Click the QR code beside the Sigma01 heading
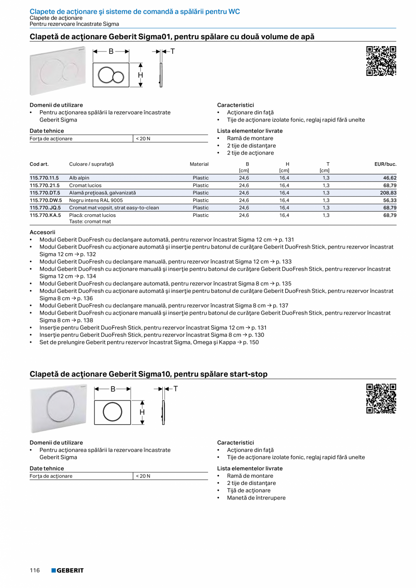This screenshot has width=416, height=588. (381, 61)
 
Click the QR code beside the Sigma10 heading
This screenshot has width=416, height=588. (381, 398)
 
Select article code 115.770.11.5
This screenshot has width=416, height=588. (44, 178)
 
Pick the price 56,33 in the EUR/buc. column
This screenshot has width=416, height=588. (389, 200)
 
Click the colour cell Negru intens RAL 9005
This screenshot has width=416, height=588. (96, 200)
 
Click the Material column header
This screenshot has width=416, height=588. (199, 164)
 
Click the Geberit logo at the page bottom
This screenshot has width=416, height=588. (67, 570)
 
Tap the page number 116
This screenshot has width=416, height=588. (35, 570)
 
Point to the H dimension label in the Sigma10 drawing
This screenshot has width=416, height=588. (142, 412)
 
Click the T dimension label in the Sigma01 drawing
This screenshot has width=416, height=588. (172, 52)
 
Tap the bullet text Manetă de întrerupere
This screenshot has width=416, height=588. (256, 498)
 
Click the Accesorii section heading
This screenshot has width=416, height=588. (42, 232)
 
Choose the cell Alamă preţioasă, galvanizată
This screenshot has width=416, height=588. (102, 193)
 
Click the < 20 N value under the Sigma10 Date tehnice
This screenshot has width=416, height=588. (143, 476)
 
